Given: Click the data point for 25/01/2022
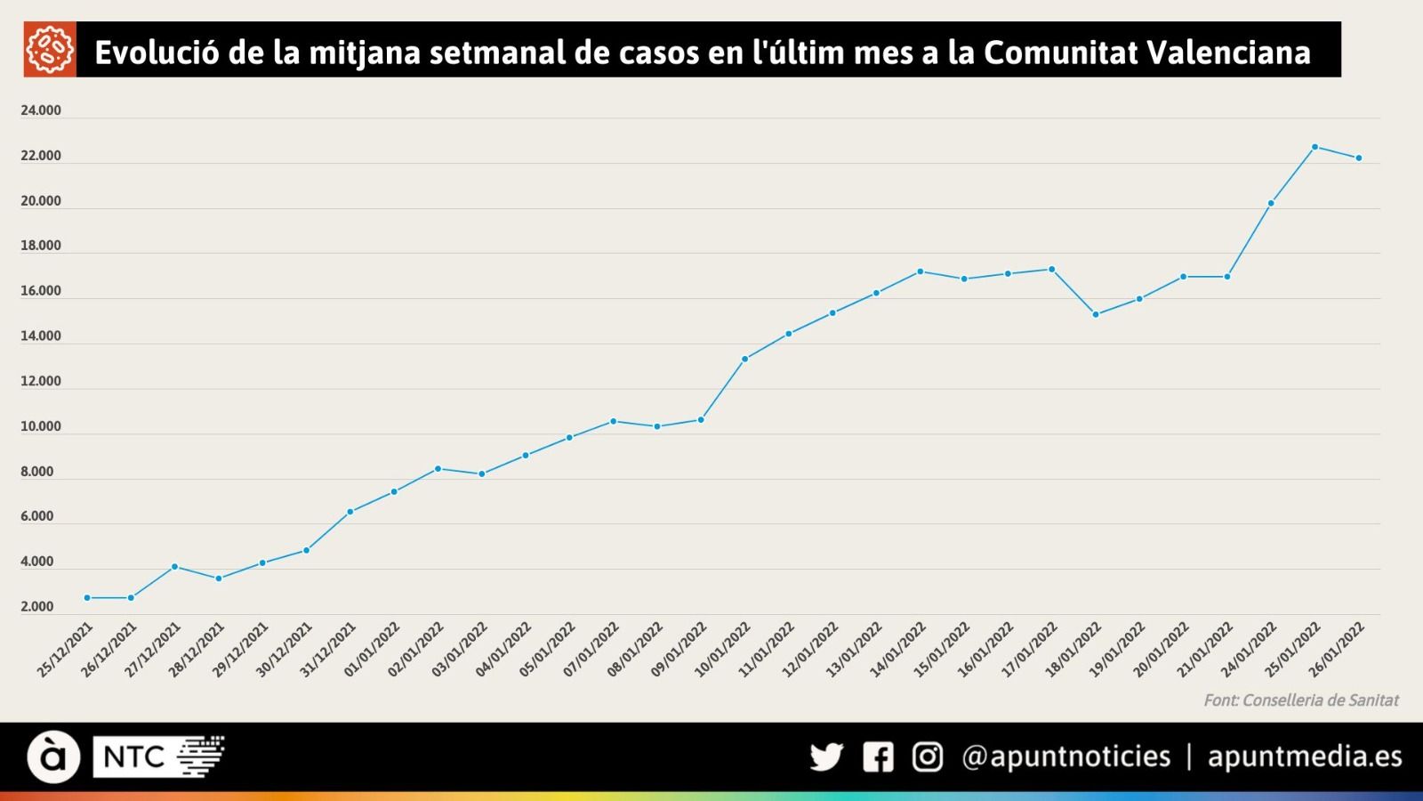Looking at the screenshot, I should tap(1314, 147).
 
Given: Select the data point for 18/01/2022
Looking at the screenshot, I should tap(1095, 314).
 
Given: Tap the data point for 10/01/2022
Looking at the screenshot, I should tap(744, 359).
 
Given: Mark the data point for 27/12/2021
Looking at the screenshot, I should tap(174, 566).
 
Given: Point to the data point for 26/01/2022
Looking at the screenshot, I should tap(1358, 158).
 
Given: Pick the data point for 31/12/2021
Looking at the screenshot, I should tap(350, 512).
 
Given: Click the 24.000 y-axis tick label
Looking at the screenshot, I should tap(41, 110).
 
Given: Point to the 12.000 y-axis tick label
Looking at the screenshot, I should tap(41, 381).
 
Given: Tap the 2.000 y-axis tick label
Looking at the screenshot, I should tap(37, 607).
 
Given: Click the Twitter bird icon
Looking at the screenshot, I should tap(826, 757).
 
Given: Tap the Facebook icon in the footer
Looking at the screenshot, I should tap(878, 757).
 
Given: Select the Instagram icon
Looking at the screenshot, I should tap(928, 757).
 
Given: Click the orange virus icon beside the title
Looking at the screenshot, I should tap(50, 50).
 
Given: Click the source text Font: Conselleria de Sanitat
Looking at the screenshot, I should tap(1300, 700).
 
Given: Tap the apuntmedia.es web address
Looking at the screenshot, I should tap(1304, 756).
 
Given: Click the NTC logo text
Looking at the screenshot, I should tap(134, 757).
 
